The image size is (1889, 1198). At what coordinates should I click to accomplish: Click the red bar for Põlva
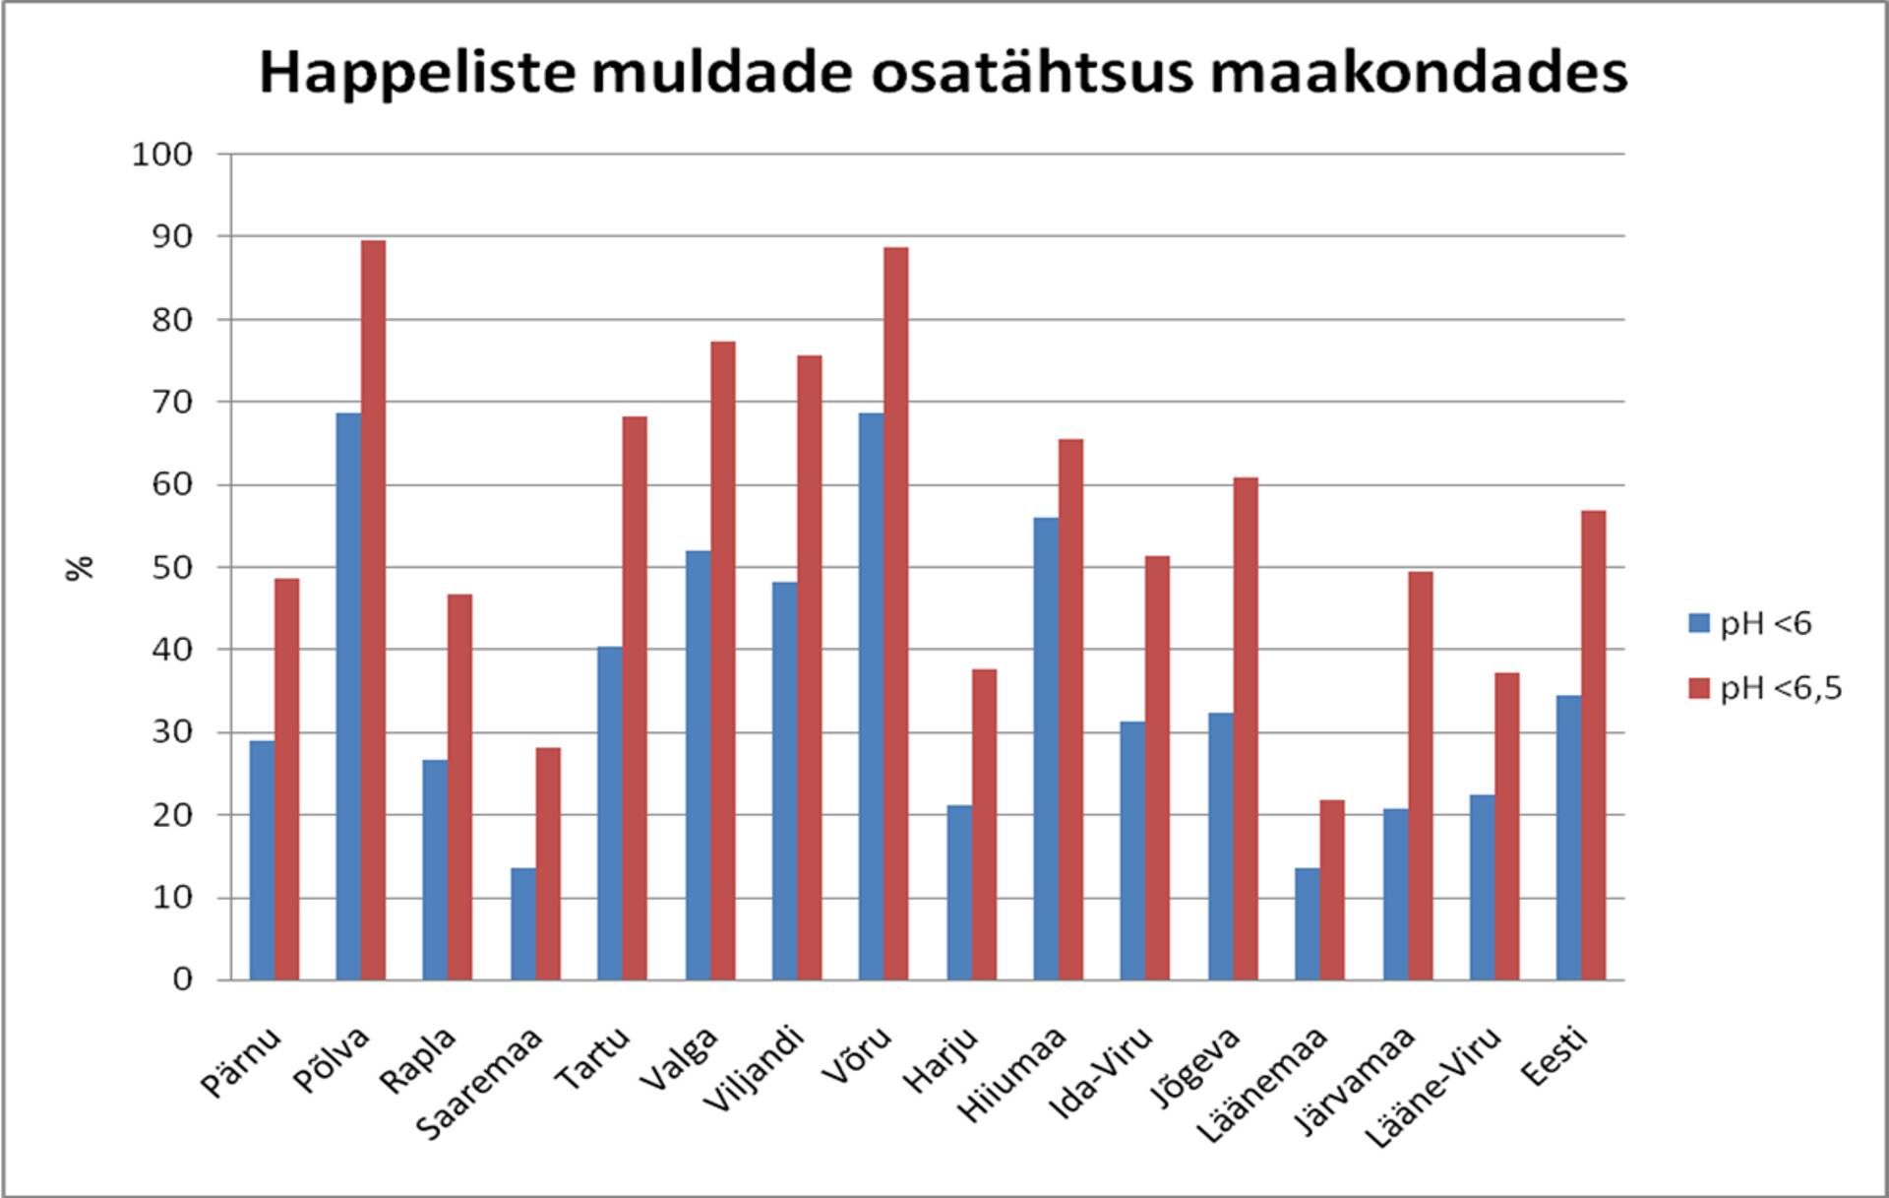tap(373, 610)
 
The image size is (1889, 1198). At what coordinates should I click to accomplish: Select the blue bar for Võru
tap(871, 696)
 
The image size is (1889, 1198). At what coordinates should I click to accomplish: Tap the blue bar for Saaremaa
tap(523, 923)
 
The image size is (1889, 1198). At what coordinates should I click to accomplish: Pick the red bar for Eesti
tap(1593, 745)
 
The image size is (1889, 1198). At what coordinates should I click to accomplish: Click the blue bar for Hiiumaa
tap(1046, 748)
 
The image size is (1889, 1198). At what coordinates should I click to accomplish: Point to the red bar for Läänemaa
tap(1331, 890)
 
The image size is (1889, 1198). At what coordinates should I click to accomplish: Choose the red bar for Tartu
tap(635, 698)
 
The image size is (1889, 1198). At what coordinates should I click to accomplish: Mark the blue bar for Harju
tap(959, 892)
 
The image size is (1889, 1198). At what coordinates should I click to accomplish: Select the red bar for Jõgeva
tap(1245, 728)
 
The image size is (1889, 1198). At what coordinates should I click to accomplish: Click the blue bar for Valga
tap(698, 765)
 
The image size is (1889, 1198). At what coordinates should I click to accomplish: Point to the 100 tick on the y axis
tap(162, 155)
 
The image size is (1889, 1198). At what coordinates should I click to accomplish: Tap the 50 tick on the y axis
tap(170, 568)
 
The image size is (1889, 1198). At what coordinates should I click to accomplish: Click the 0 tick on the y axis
tap(182, 979)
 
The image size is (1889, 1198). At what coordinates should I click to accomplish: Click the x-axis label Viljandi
tap(756, 1069)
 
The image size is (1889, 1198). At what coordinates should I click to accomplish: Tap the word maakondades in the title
tap(1418, 74)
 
